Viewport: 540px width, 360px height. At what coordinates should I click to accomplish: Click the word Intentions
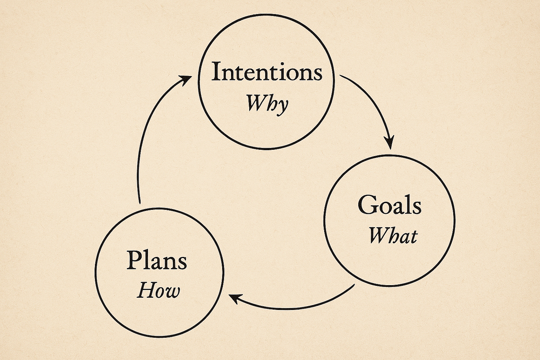pos(267,72)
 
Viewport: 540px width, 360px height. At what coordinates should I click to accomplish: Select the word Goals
pos(389,205)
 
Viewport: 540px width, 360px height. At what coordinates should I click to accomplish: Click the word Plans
pos(157,260)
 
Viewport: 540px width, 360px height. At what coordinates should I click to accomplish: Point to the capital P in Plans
pos(134,260)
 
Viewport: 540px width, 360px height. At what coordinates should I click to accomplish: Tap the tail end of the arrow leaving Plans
pos(139,202)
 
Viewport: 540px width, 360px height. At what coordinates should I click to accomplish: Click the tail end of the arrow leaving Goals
pos(354,285)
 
